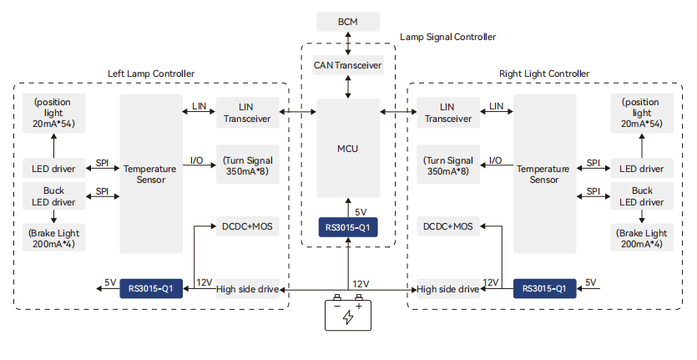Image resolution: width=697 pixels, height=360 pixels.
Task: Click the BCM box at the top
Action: click(347, 21)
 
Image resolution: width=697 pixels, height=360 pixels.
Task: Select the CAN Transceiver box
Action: click(347, 64)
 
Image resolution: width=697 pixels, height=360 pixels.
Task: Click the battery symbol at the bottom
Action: click(347, 314)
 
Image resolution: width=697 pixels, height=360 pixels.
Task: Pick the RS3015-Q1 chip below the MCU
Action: click(347, 227)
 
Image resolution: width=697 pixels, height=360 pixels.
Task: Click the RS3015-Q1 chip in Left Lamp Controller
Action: click(151, 289)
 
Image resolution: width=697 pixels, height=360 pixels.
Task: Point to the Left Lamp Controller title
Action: click(151, 74)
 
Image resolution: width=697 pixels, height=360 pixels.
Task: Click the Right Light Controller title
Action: click(543, 74)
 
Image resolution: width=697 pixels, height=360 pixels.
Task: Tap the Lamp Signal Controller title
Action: click(447, 37)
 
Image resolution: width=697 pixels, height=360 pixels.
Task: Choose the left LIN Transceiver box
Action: click(247, 112)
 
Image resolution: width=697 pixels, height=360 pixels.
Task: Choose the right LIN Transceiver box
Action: click(447, 112)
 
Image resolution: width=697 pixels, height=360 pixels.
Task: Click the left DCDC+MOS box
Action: click(247, 226)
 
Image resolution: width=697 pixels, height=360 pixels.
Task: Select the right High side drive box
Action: click(447, 289)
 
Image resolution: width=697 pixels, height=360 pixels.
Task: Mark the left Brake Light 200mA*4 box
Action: click(54, 238)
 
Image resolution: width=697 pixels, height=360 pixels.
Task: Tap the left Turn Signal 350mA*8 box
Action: click(247, 165)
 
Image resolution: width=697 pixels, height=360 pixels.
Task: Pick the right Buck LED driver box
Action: click(641, 197)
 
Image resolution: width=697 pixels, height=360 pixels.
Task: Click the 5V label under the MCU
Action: click(361, 212)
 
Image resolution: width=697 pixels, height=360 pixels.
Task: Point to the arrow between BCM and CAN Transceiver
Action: click(347, 43)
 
